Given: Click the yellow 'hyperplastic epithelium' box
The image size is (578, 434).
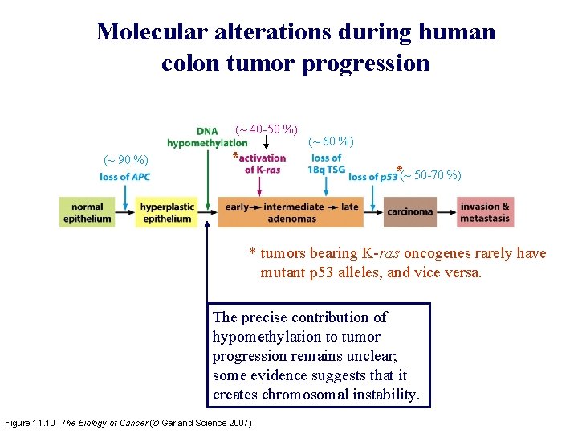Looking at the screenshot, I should coord(166,212).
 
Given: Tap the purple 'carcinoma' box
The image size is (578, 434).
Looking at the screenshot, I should coord(410,212).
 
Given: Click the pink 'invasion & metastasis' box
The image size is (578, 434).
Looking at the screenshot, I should coord(485,212).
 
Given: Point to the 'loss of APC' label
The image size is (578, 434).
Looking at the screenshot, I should coord(125,177).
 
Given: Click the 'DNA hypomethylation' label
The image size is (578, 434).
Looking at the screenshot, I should coord(207,137).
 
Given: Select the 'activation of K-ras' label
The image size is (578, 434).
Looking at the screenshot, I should coord(262,163).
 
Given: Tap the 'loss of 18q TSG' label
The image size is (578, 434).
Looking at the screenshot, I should coord(326,163).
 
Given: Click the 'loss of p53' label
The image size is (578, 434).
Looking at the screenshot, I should coord(373,177).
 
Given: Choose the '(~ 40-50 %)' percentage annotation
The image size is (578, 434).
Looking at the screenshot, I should coord(266,129).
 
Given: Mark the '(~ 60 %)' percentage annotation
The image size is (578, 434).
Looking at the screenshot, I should coord(331,141).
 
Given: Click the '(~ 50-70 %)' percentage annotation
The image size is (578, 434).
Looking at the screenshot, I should coord(431,175).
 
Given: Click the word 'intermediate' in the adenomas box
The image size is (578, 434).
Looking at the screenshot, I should coord(294,207).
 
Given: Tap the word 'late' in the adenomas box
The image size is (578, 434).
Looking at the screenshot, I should coord(350,207).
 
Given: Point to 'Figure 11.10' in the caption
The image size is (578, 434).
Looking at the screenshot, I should coord(31,423).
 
